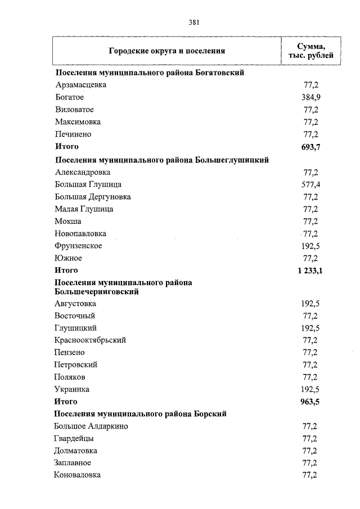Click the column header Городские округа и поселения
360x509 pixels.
166,51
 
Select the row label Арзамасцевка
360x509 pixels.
81,85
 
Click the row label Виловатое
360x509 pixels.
75,110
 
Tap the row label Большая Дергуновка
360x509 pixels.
93,197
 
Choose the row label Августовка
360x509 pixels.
75,303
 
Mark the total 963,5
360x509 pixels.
310,402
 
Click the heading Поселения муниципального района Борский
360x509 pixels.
141,414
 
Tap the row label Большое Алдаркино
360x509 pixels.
91,426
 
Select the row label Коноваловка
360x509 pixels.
78,475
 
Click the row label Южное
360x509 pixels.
69,258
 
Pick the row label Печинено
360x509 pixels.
73,134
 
